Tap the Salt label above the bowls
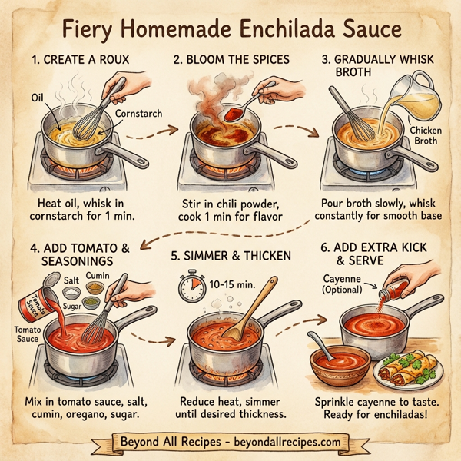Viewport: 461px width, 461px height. tap(71, 282)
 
